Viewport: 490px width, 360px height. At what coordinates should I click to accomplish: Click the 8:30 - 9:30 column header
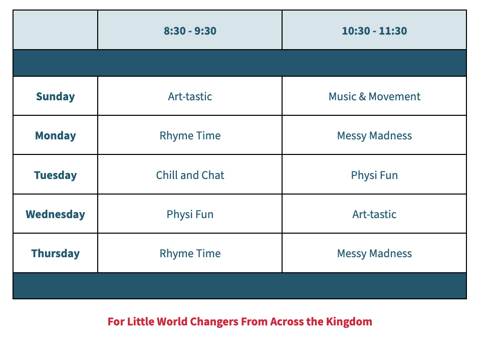[x=190, y=31]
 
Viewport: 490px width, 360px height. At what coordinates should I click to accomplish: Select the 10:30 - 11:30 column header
[x=374, y=31]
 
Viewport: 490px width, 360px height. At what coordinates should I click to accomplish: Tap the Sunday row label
[x=55, y=96]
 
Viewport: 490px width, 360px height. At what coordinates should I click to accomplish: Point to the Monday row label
[x=55, y=135]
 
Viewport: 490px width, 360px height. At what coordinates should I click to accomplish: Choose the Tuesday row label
[x=55, y=175]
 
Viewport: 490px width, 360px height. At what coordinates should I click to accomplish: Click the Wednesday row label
[x=55, y=214]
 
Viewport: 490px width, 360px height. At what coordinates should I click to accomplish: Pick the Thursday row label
[x=55, y=253]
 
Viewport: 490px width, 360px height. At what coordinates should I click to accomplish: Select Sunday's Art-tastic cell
[x=190, y=96]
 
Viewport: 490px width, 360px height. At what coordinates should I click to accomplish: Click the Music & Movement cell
[x=374, y=96]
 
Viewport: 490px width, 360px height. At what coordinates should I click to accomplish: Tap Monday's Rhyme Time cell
[x=190, y=136]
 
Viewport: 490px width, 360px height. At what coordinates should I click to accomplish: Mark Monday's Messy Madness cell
[x=374, y=136]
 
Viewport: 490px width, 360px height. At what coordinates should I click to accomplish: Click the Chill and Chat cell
[x=190, y=175]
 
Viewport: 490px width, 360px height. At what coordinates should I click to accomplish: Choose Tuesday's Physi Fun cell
[x=374, y=175]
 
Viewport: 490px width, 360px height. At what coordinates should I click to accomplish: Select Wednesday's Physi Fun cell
[x=190, y=215]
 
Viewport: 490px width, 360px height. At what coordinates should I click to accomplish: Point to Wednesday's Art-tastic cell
[x=374, y=214]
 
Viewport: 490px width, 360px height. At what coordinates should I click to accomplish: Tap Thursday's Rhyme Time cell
[x=190, y=254]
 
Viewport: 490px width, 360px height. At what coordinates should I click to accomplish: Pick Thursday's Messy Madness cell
[x=374, y=254]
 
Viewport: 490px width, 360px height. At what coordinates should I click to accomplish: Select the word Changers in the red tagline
[x=214, y=322]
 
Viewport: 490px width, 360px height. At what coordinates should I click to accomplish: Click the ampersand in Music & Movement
[x=363, y=96]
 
